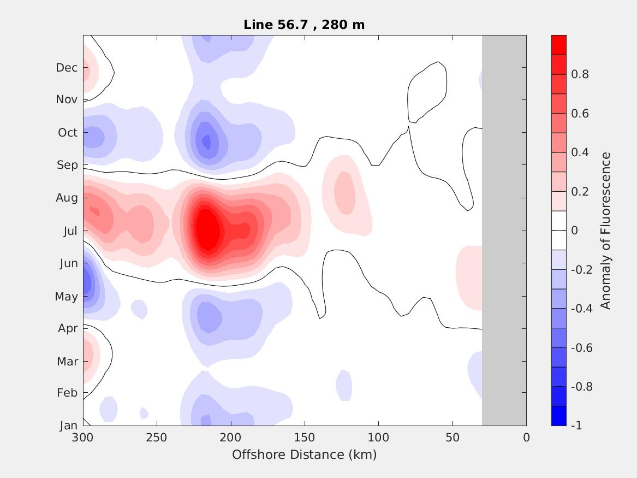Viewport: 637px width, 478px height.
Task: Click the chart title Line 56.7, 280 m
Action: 304,25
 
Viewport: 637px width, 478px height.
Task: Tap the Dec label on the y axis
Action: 67,68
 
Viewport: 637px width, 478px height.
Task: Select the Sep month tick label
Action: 67,165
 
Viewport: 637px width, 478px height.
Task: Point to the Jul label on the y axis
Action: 70,231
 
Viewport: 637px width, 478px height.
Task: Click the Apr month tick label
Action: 68,328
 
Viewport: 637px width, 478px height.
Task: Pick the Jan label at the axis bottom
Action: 68,426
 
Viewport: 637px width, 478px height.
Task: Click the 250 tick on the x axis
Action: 157,438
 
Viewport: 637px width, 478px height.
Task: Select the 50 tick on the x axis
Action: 453,438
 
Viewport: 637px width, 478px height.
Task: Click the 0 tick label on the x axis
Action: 526,438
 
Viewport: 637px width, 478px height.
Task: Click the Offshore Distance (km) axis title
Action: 304,455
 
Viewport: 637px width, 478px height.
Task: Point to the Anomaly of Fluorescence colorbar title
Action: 605,231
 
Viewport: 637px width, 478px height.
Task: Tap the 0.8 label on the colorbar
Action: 580,74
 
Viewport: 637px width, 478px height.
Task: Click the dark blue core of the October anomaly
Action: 206,141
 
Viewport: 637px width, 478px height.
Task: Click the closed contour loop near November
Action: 427,92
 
